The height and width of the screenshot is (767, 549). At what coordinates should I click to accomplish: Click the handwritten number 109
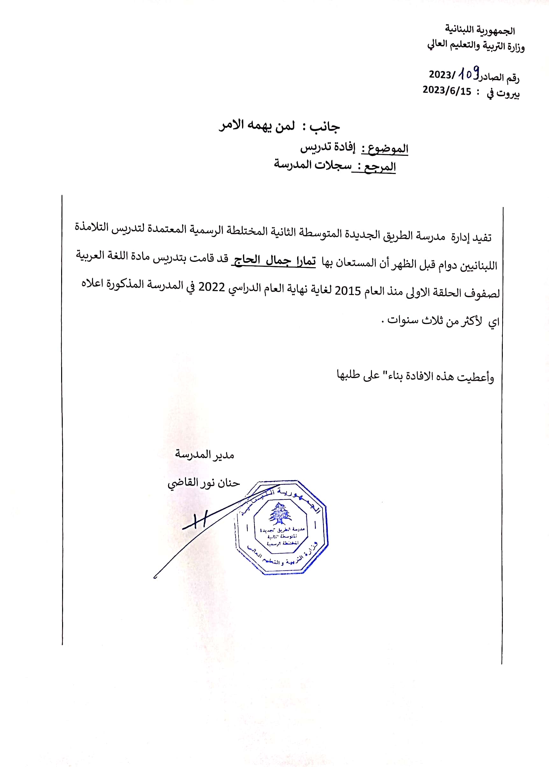tap(468, 73)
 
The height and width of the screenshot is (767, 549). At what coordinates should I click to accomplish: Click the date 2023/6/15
tap(446, 90)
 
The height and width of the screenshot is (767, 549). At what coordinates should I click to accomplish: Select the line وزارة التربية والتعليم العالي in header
tap(476, 45)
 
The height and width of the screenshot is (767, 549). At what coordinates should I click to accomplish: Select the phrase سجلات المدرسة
tap(312, 165)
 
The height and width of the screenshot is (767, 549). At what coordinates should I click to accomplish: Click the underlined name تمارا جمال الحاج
tap(274, 261)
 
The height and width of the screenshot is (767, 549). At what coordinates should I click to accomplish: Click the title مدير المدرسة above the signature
tap(204, 454)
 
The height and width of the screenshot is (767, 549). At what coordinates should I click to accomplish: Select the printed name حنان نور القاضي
tap(203, 483)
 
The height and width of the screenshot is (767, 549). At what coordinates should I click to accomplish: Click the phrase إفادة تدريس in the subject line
tap(328, 147)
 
